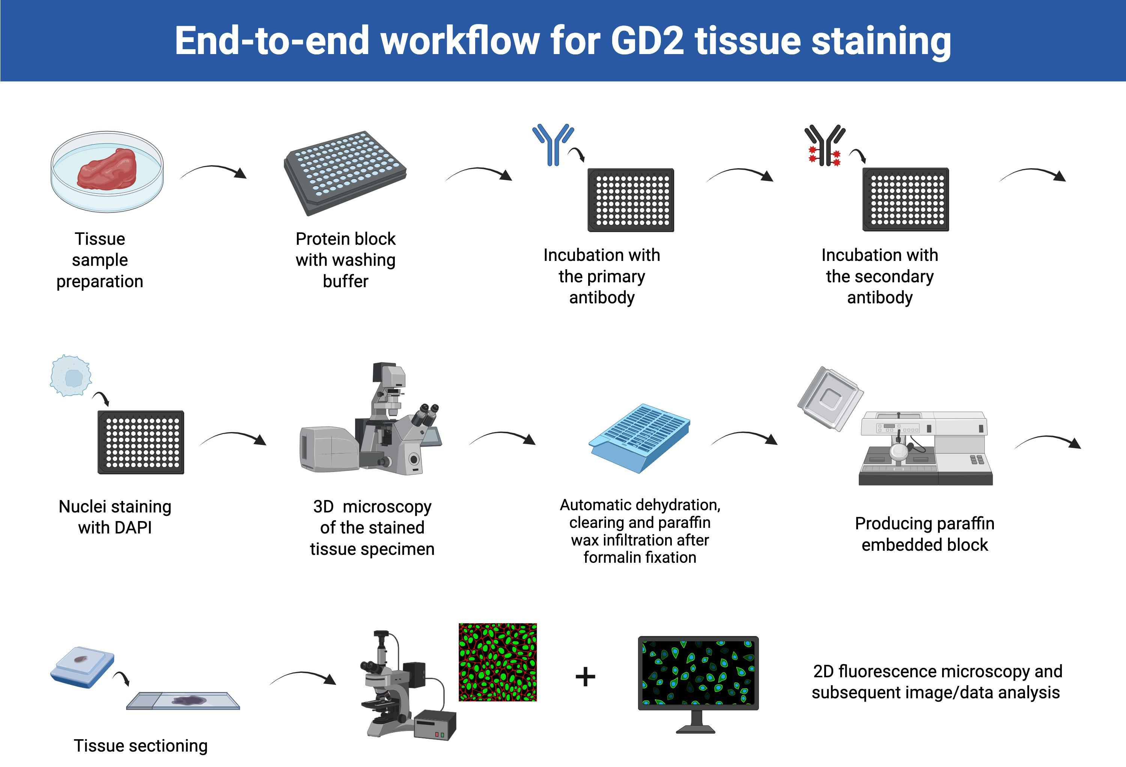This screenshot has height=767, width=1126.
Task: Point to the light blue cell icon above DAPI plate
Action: (71, 376)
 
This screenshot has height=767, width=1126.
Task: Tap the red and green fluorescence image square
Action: (498, 662)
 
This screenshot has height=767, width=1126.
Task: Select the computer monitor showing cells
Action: (698, 674)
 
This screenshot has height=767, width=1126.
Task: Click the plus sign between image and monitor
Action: (585, 677)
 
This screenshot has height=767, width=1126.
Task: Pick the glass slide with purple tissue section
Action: (183, 701)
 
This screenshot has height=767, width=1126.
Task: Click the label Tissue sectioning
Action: (140, 746)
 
